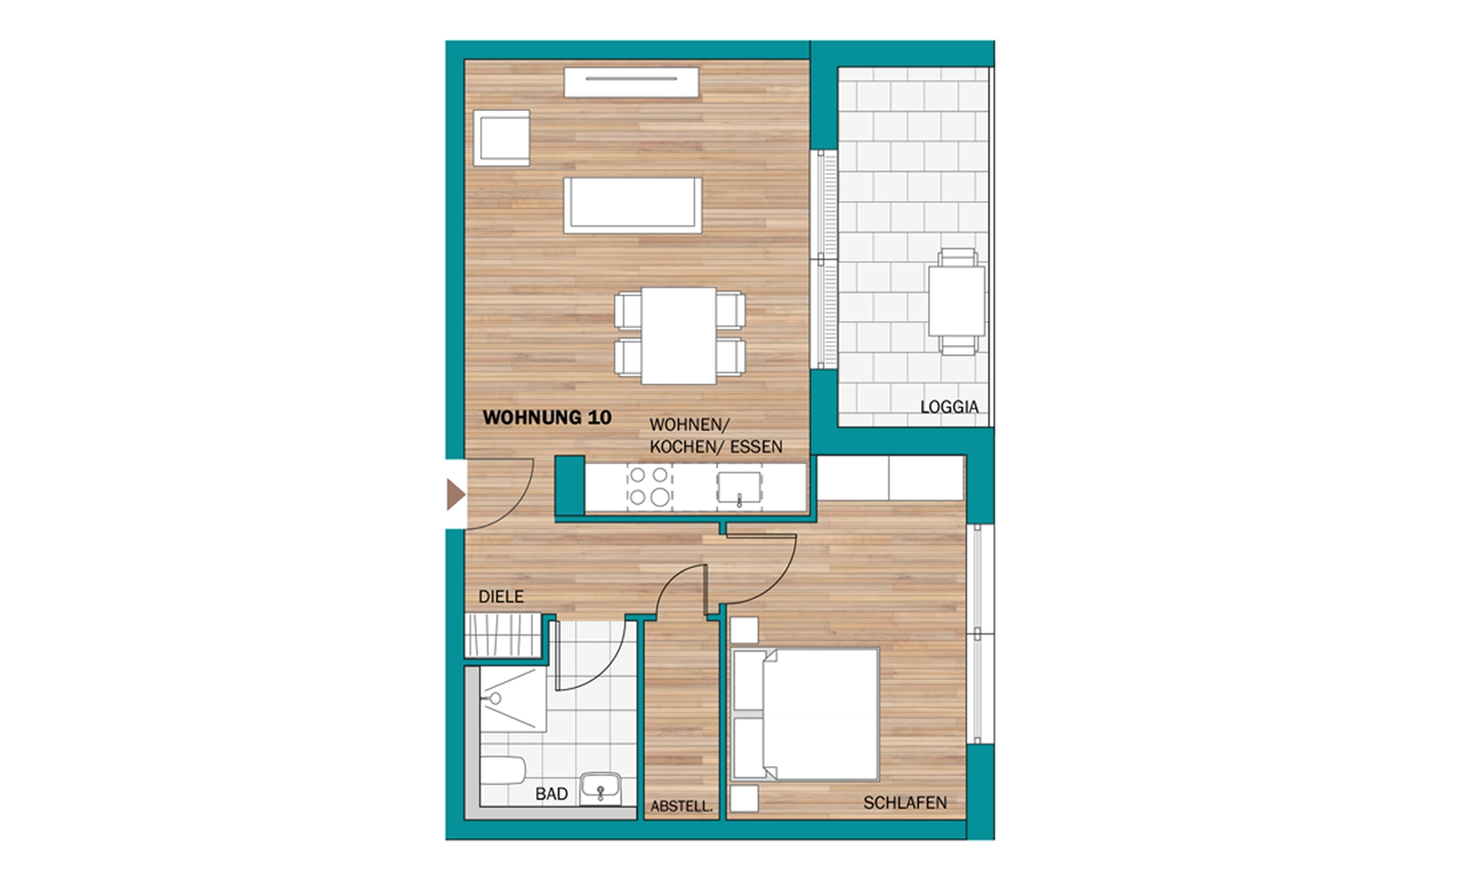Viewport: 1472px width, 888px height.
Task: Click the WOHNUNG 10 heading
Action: tap(547, 417)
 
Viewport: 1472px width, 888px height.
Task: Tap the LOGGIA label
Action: tap(949, 407)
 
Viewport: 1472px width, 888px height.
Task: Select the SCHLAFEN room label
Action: tap(905, 803)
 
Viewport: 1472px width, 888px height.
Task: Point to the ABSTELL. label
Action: tap(682, 806)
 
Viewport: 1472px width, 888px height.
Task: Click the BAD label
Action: tap(551, 794)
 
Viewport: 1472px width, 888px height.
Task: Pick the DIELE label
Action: tap(501, 597)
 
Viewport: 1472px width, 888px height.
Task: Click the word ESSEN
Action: tap(756, 447)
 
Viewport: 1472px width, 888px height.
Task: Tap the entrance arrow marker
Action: tap(456, 495)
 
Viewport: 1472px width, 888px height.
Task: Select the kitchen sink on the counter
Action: tap(739, 488)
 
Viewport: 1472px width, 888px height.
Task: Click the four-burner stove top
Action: tap(649, 486)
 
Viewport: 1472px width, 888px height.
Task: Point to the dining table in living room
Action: tap(678, 336)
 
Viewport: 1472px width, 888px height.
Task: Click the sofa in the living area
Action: tap(633, 205)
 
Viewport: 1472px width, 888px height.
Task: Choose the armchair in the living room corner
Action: tap(501, 138)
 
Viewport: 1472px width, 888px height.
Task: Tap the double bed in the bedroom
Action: tap(806, 715)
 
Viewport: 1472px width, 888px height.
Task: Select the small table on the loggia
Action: tap(957, 301)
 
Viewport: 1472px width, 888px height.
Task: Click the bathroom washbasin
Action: tap(600, 789)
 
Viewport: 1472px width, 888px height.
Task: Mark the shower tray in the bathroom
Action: tap(513, 699)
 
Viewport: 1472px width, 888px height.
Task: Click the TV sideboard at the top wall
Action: tap(632, 82)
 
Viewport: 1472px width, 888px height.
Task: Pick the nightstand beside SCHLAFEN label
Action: tap(744, 798)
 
